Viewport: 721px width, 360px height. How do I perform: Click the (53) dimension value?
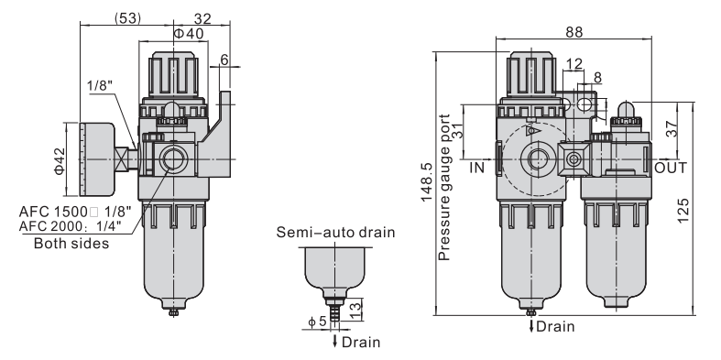[x=127, y=18]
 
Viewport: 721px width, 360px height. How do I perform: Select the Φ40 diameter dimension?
[x=189, y=33]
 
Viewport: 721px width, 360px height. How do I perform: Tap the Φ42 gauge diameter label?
[x=60, y=160]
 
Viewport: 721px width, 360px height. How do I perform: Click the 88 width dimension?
[x=574, y=32]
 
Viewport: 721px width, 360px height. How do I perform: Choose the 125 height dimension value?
[x=683, y=211]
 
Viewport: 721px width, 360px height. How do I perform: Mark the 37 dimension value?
[x=672, y=128]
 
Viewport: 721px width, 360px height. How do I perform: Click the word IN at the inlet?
[x=477, y=168]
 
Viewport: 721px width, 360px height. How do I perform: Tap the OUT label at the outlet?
[x=671, y=168]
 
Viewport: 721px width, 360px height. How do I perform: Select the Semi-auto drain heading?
[x=335, y=232]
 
